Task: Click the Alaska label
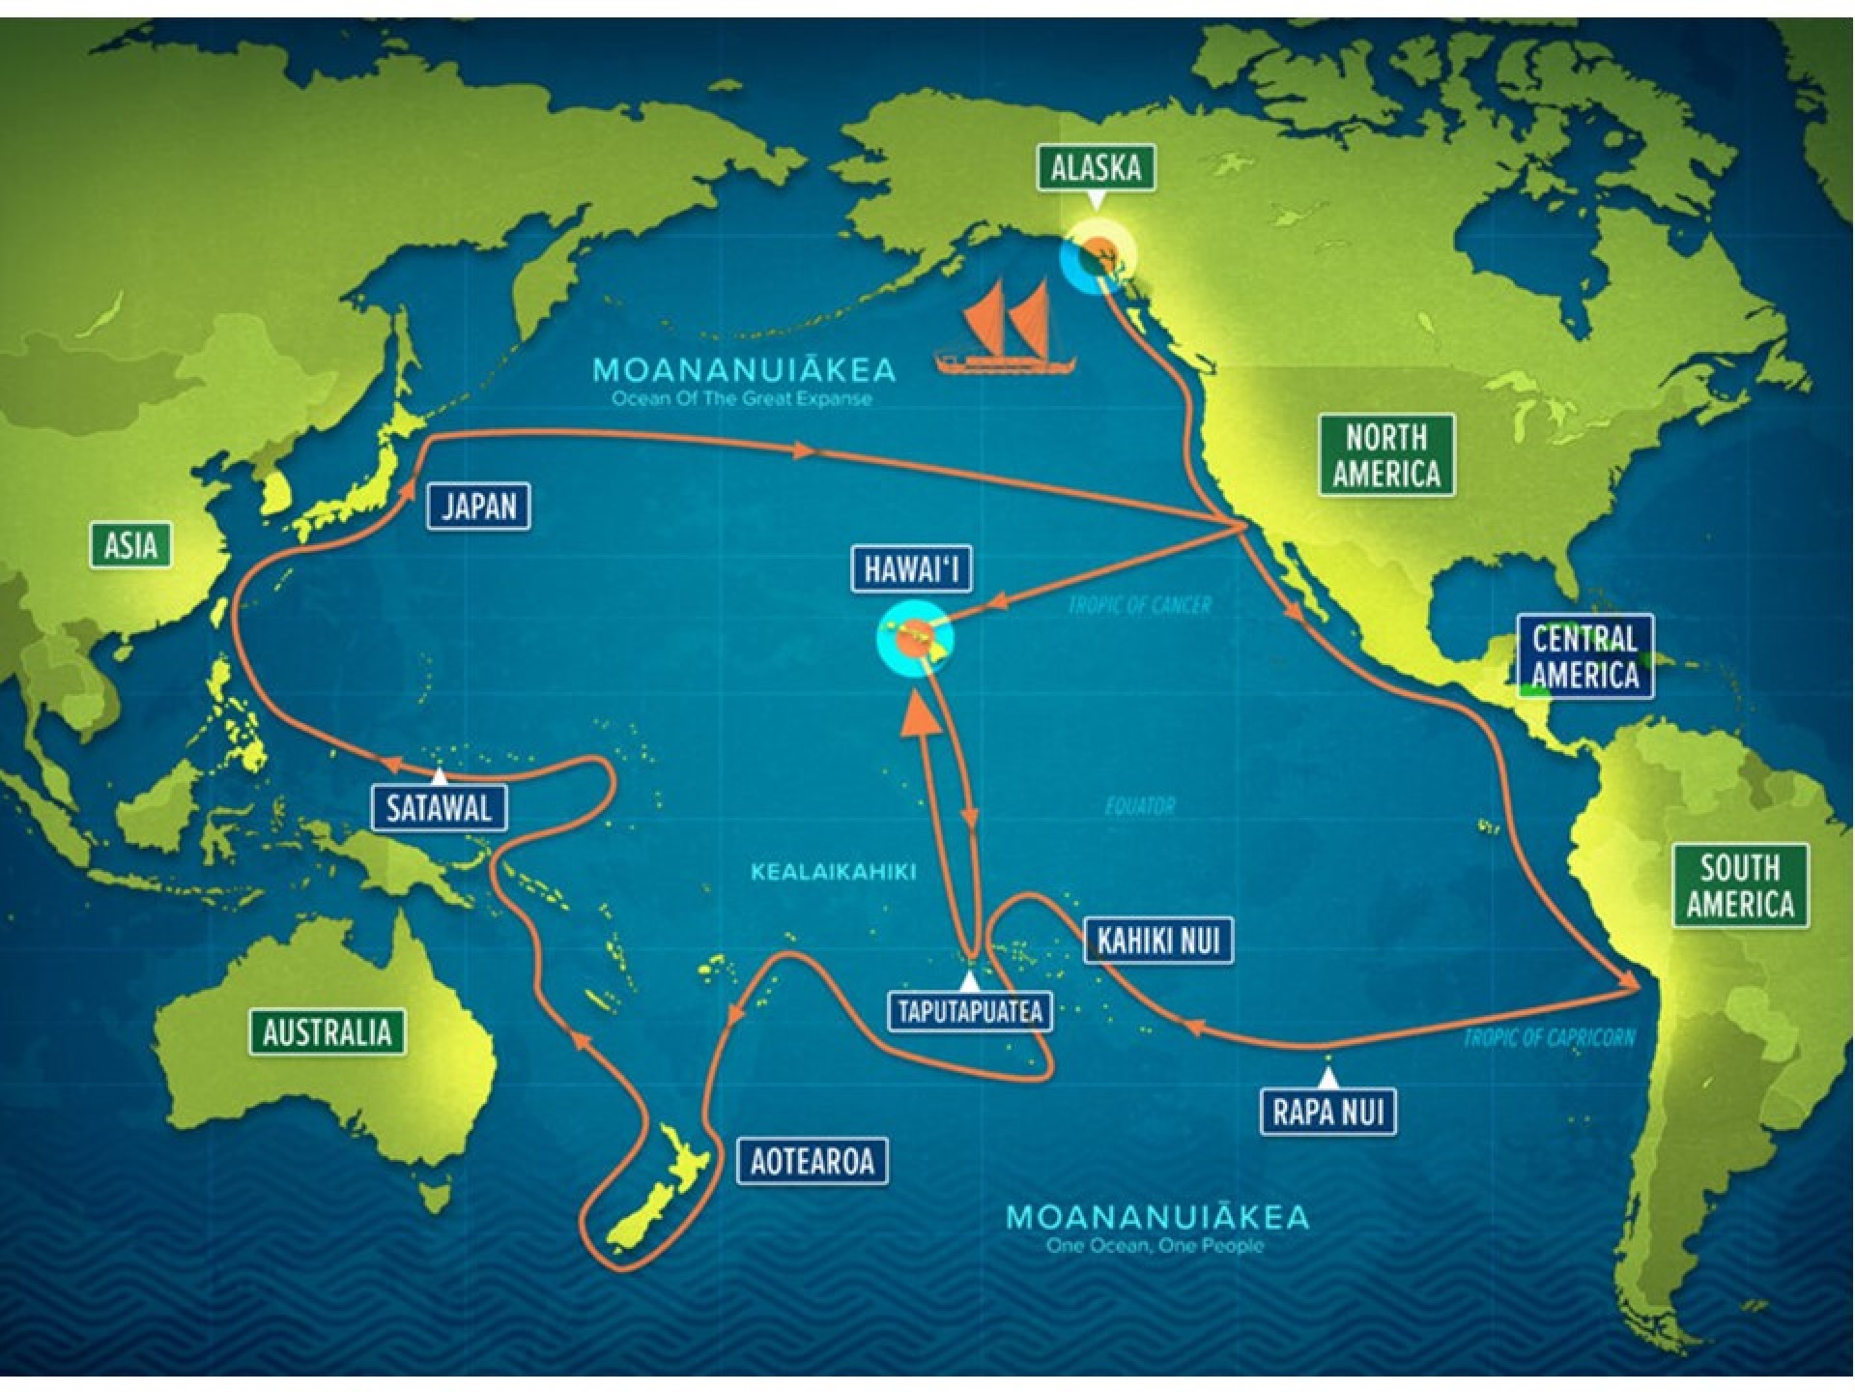tap(1096, 168)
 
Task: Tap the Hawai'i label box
tap(911, 568)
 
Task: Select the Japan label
tap(479, 507)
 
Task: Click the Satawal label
tap(439, 808)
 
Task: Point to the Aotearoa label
tap(812, 1160)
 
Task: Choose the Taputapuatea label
tap(970, 1011)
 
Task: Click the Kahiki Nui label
tap(1158, 940)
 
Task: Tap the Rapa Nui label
tap(1328, 1112)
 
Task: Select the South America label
tap(1740, 885)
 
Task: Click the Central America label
tap(1584, 656)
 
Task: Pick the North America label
tap(1386, 455)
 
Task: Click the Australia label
tap(328, 1032)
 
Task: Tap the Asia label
tap(130, 545)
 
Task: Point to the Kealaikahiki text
tap(833, 872)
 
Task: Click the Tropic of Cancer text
tap(1139, 606)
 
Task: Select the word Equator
tap(1140, 805)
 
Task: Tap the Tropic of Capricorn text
tap(1549, 1038)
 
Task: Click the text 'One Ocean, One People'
tap(1155, 1245)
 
